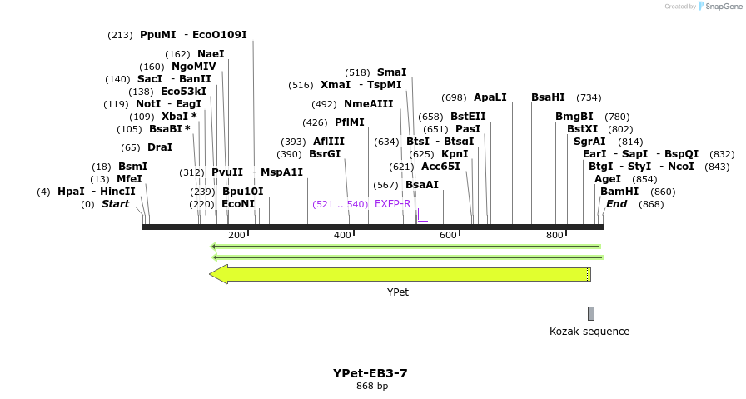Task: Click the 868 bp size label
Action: tap(372, 386)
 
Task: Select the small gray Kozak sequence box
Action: tap(591, 313)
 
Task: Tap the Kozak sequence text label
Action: tap(589, 332)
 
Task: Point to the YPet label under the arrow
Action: tap(398, 292)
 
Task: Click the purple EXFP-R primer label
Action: tap(392, 204)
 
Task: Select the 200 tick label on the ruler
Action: tap(236, 236)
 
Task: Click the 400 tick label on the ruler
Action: tap(342, 236)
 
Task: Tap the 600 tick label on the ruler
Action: tap(448, 236)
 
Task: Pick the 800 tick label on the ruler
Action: tap(555, 236)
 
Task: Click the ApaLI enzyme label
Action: tap(490, 97)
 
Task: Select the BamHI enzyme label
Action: tap(619, 192)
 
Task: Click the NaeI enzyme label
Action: tap(211, 54)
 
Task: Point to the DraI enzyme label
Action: tap(160, 147)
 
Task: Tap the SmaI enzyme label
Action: tap(391, 72)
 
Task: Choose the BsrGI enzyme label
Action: tap(325, 154)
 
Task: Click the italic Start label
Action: tap(116, 204)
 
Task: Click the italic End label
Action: tap(617, 204)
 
